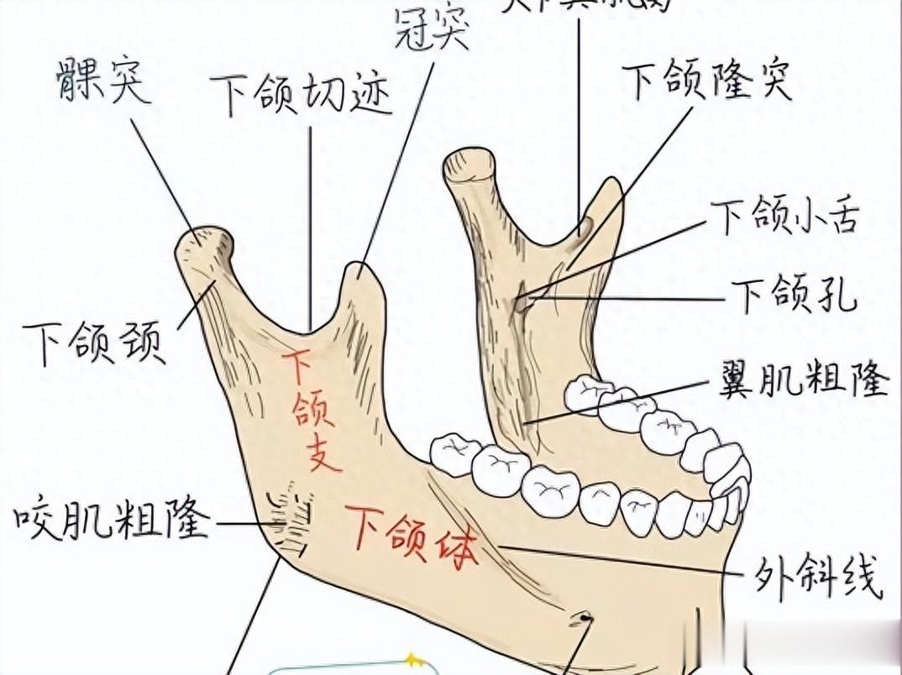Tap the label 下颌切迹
click(x=300, y=94)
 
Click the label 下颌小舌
click(x=784, y=217)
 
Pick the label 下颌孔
click(x=793, y=296)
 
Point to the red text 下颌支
click(x=311, y=411)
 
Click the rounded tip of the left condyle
click(x=204, y=239)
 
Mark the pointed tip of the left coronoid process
click(x=361, y=270)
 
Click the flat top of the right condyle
click(x=469, y=160)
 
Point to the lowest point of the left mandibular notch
click(x=309, y=330)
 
